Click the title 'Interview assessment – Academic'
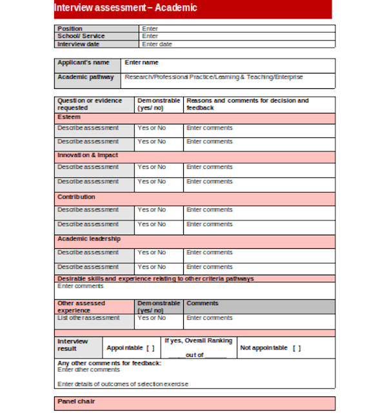pos(126,8)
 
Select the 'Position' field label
pos(70,28)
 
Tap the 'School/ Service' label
pos(81,36)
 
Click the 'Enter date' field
pos(157,44)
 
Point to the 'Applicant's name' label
pos(83,63)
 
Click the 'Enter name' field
pos(141,63)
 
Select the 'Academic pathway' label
pos(86,77)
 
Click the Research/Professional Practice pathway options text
pos(213,77)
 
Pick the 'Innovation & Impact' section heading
pos(88,155)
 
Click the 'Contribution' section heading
pos(76,197)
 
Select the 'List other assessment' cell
pos(88,318)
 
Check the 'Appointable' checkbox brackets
pos(150,348)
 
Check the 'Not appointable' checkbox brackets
pos(296,348)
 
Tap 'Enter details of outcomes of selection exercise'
pos(123,384)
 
